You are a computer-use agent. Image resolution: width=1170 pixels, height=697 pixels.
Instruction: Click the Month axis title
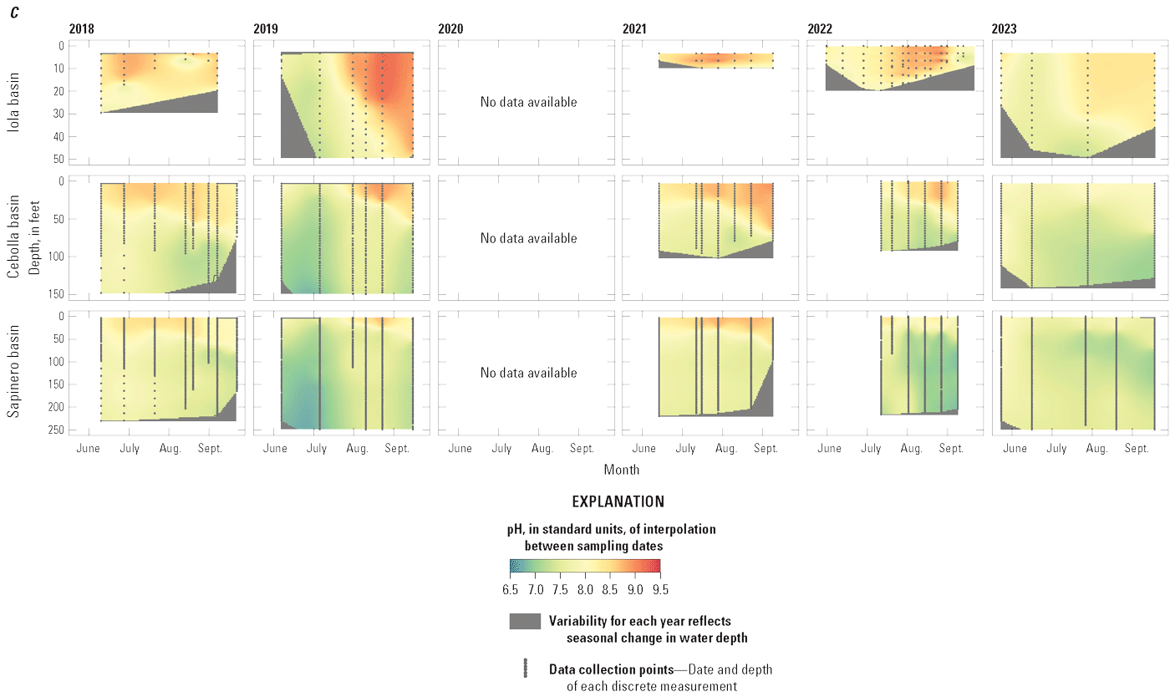tap(621, 470)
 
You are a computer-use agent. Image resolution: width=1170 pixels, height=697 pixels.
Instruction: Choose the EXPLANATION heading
tap(618, 502)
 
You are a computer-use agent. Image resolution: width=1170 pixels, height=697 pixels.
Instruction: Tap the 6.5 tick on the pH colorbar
tap(510, 589)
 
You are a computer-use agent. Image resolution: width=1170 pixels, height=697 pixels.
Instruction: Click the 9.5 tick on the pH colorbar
tap(660, 589)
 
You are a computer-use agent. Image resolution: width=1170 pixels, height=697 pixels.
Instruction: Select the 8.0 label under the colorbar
tap(585, 589)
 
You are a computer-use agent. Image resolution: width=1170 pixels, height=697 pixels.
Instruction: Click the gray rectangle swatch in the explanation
tap(525, 621)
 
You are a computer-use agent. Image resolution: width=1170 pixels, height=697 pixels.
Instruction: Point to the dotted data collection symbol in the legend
tap(526, 669)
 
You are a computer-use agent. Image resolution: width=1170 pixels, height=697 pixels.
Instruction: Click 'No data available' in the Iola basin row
tap(528, 102)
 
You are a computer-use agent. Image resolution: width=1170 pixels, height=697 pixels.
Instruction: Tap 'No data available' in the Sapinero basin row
tap(528, 373)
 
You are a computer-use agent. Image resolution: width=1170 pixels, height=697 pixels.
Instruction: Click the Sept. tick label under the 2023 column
tap(1137, 449)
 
